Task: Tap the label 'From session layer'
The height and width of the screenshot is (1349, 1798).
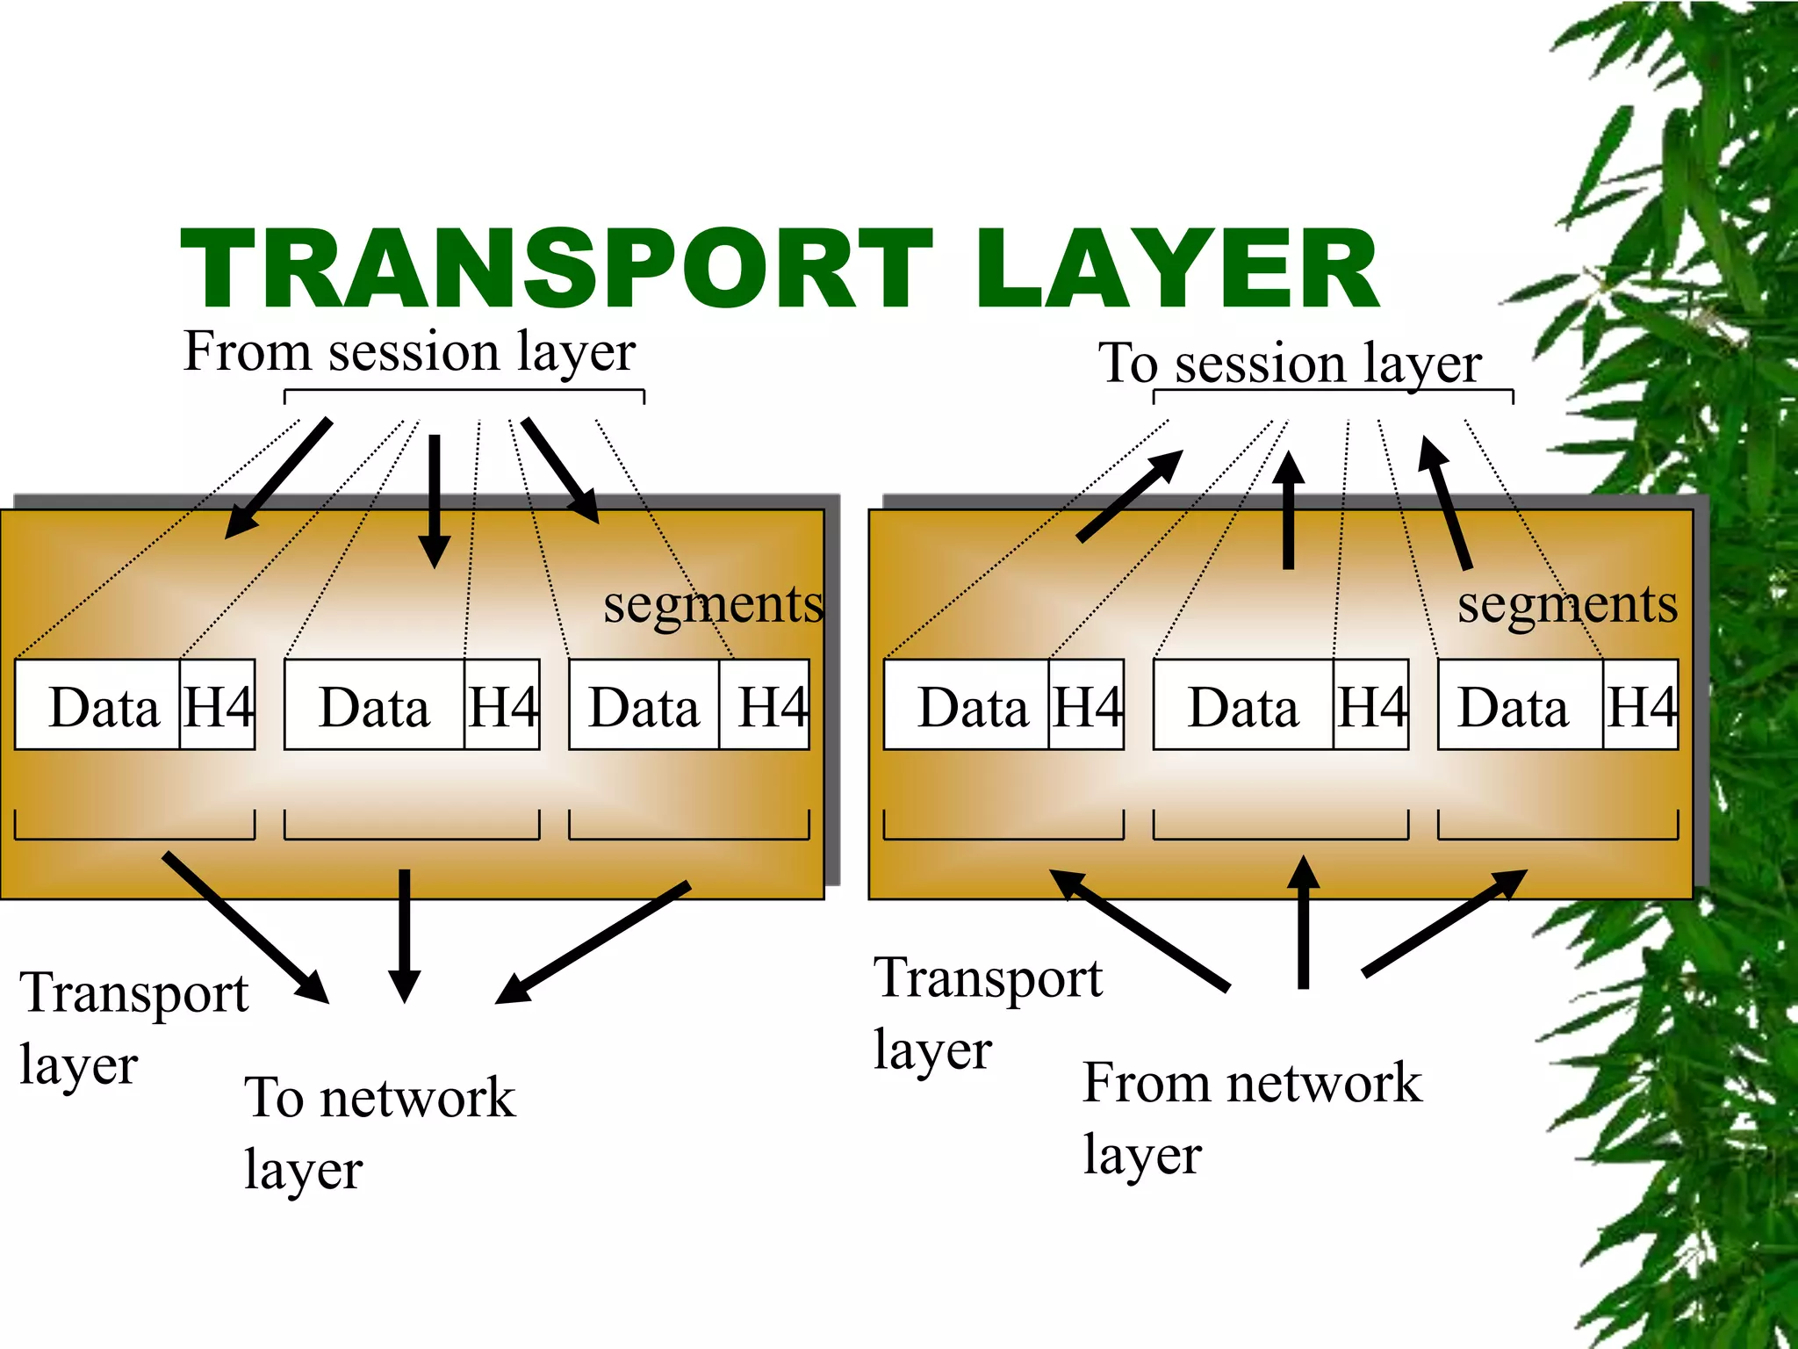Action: (409, 351)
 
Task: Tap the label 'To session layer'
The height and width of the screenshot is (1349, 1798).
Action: (1289, 363)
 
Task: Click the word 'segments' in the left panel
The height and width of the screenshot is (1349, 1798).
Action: (713, 604)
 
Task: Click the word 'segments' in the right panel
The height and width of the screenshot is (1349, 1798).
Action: (1567, 604)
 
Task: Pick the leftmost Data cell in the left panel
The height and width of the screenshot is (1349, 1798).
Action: (98, 705)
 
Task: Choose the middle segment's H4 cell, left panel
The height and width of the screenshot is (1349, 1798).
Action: (501, 705)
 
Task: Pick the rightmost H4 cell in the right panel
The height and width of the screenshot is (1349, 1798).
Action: (1640, 705)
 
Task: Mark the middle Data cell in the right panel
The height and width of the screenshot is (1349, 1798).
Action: (1242, 705)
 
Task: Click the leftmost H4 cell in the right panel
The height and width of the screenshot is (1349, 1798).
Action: (1086, 705)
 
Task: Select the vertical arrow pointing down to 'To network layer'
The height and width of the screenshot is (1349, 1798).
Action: (404, 931)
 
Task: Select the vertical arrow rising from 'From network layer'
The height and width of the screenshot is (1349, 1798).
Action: (1304, 922)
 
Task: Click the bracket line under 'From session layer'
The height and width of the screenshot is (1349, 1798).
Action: (464, 391)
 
